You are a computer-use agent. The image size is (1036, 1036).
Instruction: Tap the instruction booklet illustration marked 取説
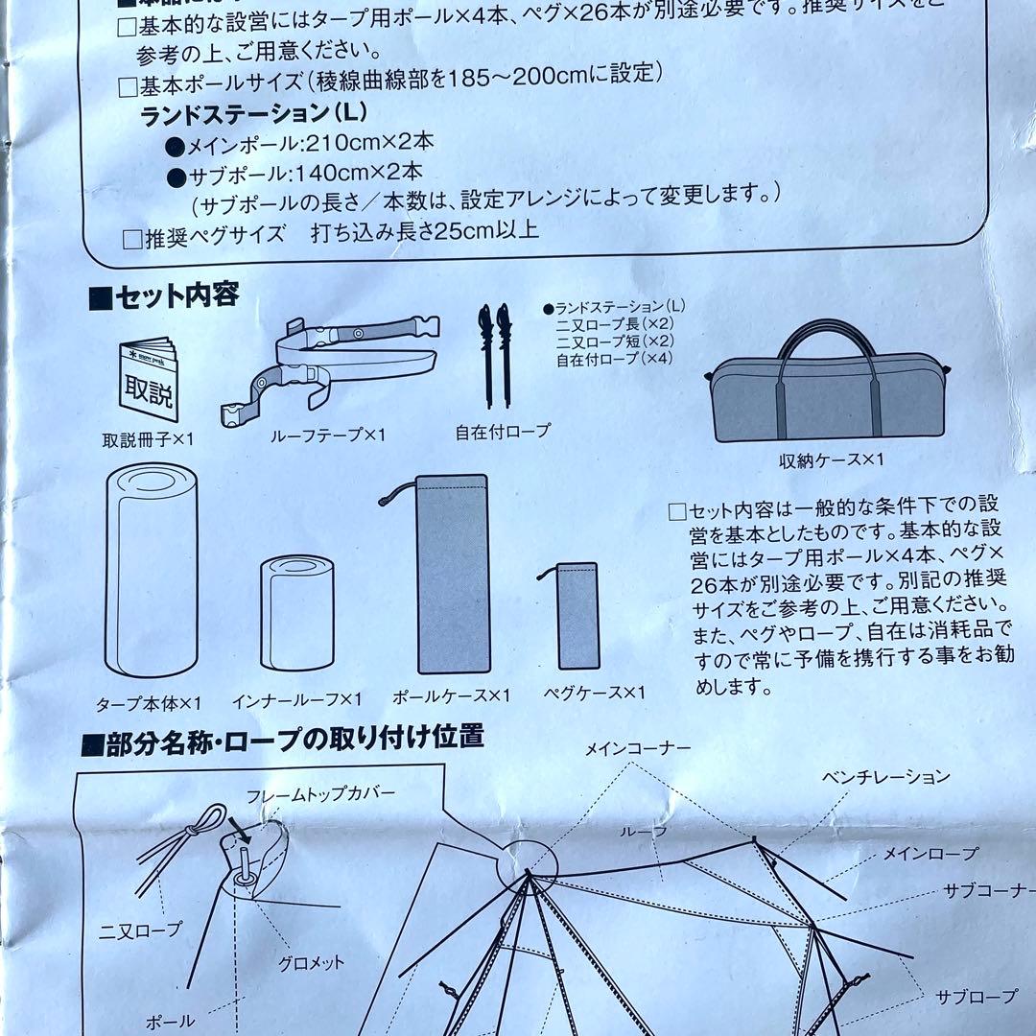pos(150,379)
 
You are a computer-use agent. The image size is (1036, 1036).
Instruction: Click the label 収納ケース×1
pos(831,460)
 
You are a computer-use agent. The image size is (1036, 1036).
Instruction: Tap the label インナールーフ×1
pos(296,699)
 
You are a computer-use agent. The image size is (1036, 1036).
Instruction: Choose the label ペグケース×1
pos(594,693)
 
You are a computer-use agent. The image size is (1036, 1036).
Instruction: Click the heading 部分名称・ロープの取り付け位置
pos(285,738)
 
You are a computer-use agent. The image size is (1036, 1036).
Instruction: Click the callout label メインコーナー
pos(638,749)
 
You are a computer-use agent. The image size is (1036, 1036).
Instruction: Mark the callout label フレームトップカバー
pos(320,796)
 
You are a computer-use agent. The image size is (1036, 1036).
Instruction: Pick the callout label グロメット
pos(311,962)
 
